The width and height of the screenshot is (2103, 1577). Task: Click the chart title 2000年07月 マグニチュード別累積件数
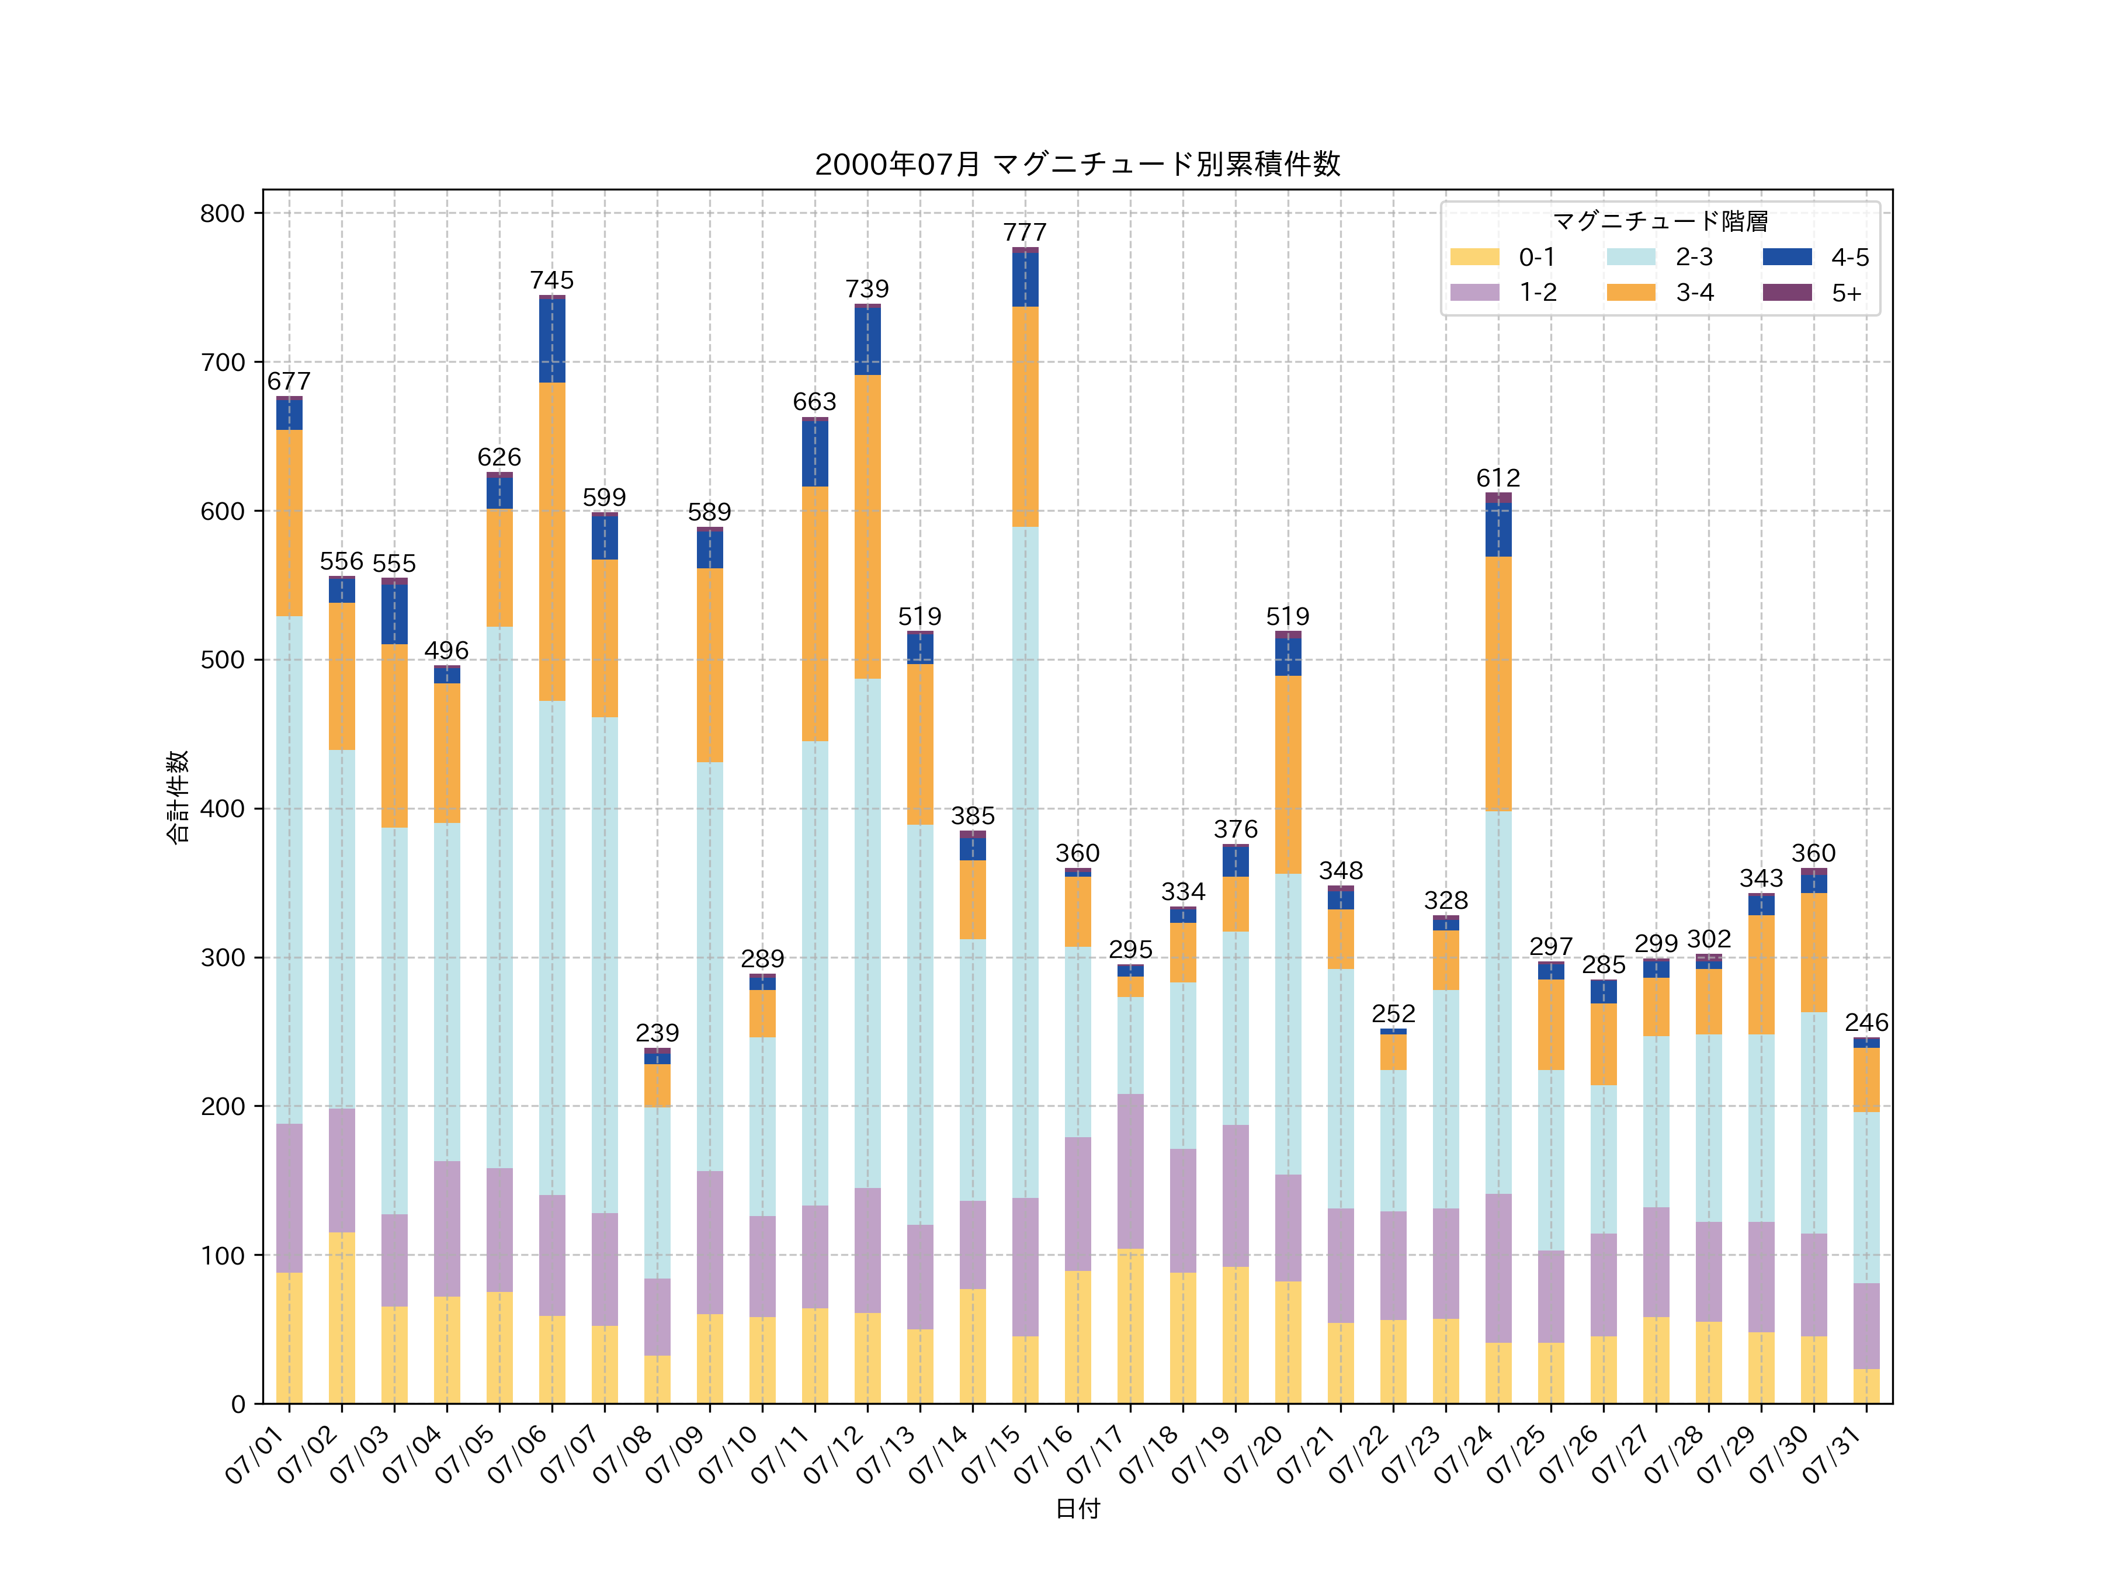click(x=1077, y=165)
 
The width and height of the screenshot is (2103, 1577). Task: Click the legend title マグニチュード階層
click(x=1660, y=221)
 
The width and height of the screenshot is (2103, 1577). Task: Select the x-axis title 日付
click(x=1077, y=1509)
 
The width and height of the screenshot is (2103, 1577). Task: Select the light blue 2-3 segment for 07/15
click(x=1025, y=862)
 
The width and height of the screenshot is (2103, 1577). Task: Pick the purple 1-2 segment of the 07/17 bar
click(x=1130, y=1171)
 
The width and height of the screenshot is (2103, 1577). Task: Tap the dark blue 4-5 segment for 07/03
click(x=394, y=614)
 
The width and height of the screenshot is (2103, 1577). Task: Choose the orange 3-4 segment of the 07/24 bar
click(x=1498, y=683)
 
